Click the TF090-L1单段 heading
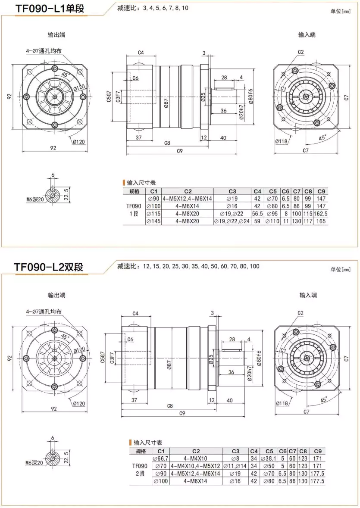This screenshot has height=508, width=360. coord(50,8)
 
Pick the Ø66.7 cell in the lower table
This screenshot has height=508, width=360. coord(160,458)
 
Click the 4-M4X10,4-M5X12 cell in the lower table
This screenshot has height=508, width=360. coord(196,466)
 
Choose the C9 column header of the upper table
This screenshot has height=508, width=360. coord(321,191)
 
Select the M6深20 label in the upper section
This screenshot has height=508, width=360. coord(35,199)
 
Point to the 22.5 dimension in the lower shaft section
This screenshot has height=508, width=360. coord(66,455)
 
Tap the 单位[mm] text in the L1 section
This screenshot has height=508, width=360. coord(341,11)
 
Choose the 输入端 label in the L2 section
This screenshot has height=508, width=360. coord(308,295)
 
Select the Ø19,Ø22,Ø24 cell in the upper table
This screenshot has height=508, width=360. coord(232,221)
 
